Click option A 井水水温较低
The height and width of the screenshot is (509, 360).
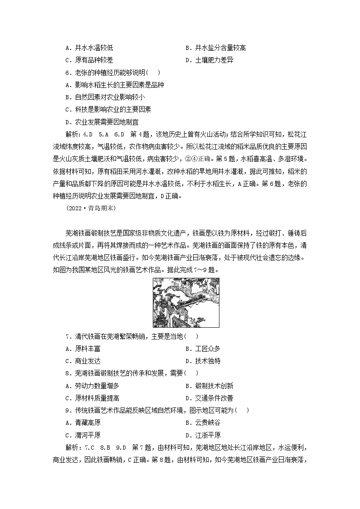[89, 48]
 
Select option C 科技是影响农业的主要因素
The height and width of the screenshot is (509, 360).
[108, 109]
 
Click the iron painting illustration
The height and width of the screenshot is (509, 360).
[186, 303]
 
